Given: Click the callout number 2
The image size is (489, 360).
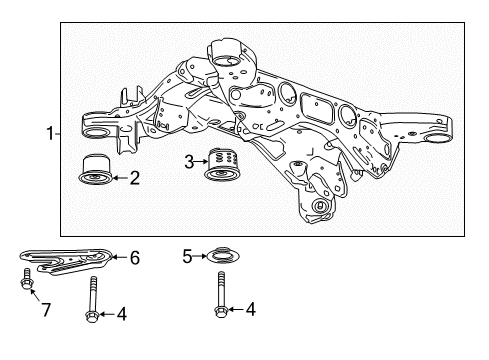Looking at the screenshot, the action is pos(135,179).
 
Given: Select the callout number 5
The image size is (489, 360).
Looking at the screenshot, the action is pos(187,256).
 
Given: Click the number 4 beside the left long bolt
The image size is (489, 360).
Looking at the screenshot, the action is pos(121,314).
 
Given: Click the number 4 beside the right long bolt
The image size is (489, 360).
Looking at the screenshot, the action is pos(249,310).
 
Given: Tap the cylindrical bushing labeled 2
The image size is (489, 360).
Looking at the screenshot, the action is pos(96,170).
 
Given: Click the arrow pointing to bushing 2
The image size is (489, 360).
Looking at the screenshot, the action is pos(120,179).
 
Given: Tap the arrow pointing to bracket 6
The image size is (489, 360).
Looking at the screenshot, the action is pos(118,257).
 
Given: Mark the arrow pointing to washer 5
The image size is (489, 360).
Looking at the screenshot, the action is pos(200,257).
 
